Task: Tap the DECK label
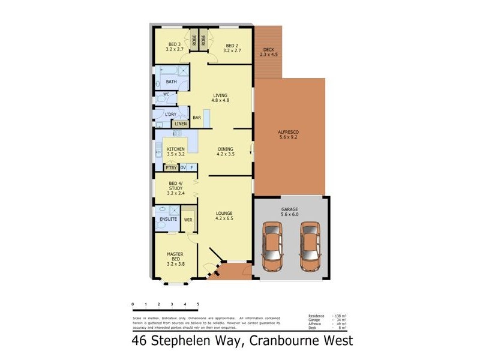tap(267, 50)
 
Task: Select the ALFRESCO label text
tap(289, 132)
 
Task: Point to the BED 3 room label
tap(174, 45)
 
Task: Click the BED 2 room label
tap(232, 45)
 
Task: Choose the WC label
tap(166, 95)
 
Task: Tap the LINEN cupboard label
tap(181, 124)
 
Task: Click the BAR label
tap(196, 118)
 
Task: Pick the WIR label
tap(188, 220)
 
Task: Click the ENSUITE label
tap(168, 220)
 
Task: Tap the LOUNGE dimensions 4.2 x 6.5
tap(224, 218)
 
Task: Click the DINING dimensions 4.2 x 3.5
tap(225, 154)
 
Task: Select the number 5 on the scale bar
tap(197, 305)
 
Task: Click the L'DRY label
tap(170, 114)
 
